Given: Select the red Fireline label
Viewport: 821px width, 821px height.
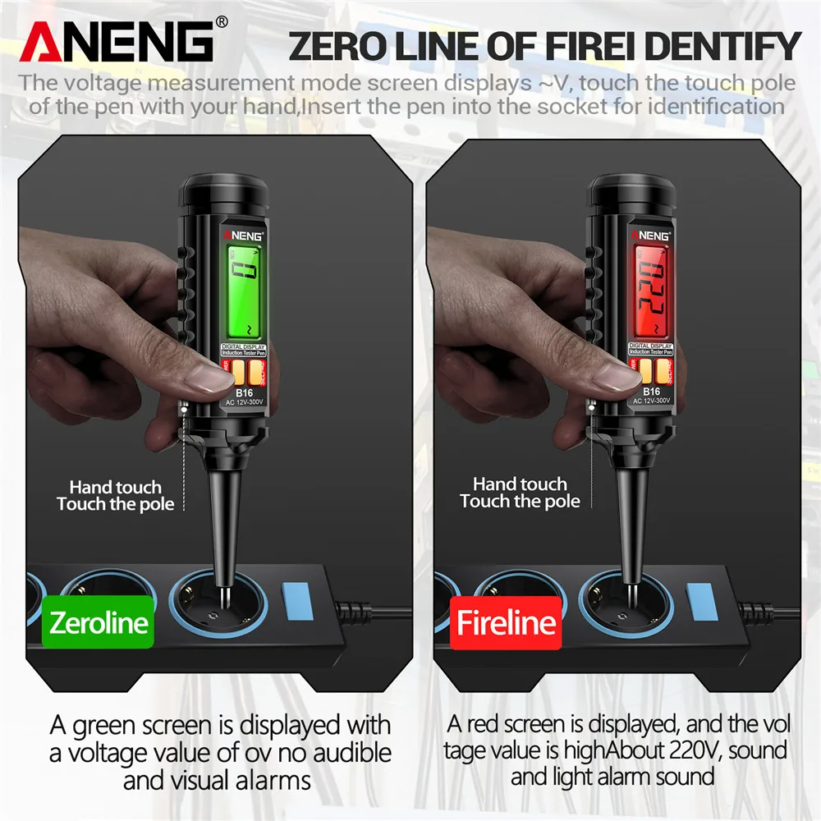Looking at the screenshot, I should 507,623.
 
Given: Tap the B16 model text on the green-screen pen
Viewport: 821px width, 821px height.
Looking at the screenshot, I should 244,392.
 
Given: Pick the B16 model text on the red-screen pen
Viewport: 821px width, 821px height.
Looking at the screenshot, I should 651,392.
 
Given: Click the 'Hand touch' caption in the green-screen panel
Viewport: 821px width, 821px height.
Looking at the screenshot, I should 115,488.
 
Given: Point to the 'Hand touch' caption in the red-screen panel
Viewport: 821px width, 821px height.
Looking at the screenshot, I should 520,484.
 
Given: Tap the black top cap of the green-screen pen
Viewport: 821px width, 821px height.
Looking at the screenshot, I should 222,193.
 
